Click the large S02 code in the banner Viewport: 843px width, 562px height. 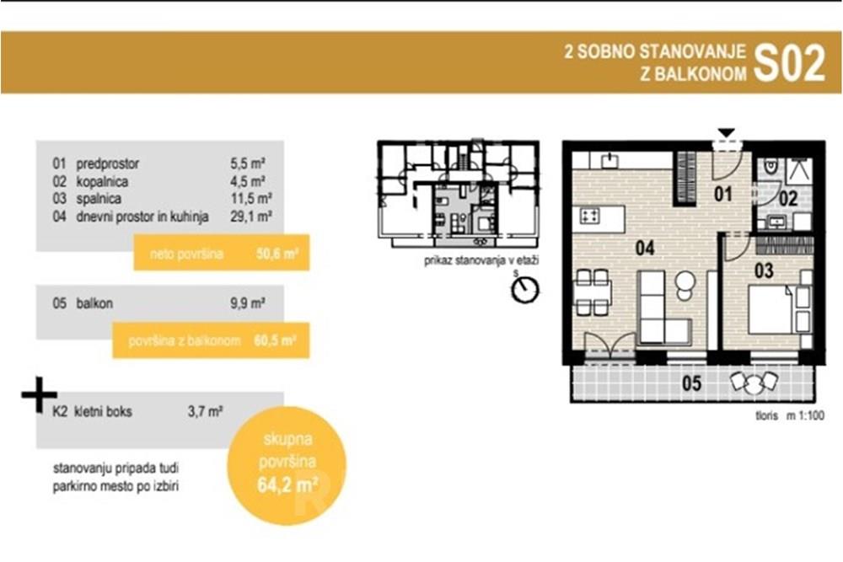[x=789, y=63]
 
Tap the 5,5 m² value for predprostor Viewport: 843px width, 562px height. [x=248, y=163]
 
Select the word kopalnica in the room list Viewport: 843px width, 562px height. [x=102, y=181]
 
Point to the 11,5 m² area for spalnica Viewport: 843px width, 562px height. [x=251, y=199]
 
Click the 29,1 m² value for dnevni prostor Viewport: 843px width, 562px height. [x=251, y=217]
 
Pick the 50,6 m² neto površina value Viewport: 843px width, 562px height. [x=277, y=253]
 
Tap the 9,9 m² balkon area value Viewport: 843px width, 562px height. [x=248, y=303]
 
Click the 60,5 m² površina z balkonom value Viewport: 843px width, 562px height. [x=275, y=340]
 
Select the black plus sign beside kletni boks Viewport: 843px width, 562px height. [x=40, y=395]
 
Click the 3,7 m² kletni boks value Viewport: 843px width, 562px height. [x=206, y=411]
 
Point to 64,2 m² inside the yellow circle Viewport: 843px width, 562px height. [x=287, y=485]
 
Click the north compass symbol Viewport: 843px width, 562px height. [x=524, y=289]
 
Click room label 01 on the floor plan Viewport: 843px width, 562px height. [x=723, y=194]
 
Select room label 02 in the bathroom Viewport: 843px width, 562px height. [x=788, y=199]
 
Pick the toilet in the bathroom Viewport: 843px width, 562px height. [x=771, y=166]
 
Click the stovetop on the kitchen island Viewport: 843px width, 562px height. [x=590, y=217]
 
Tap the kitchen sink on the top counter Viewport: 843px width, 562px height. [x=609, y=160]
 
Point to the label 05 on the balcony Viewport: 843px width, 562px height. [x=691, y=383]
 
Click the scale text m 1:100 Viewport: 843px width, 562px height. [x=805, y=415]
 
